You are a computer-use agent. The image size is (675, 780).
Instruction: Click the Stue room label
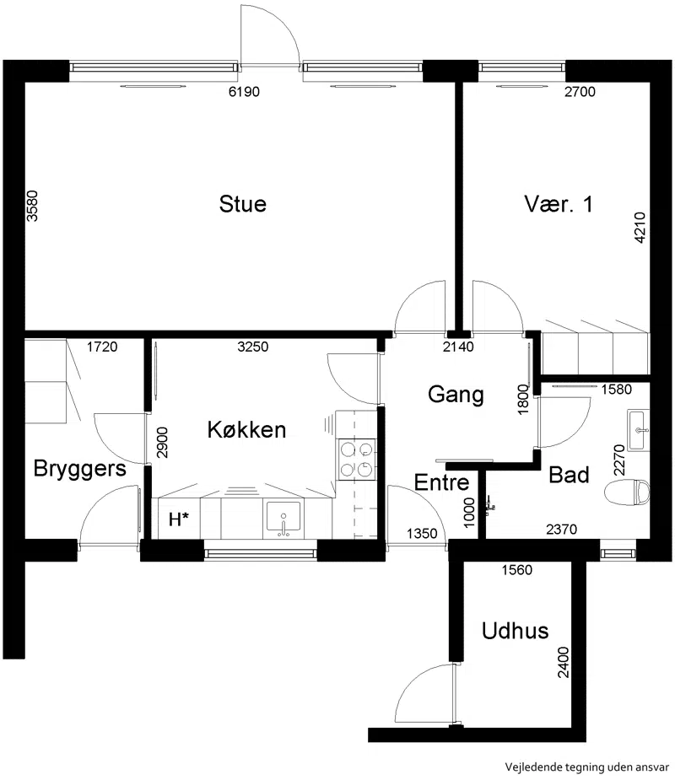pos(243,204)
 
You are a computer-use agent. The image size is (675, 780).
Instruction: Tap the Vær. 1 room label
pos(559,204)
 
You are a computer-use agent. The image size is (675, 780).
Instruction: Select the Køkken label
pos(247,430)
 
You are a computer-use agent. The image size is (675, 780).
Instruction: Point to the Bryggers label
pos(79,469)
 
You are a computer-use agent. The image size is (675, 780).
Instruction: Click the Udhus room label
pos(516,631)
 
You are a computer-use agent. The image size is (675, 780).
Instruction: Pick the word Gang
pos(456,395)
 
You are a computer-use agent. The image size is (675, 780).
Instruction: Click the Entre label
pos(441,482)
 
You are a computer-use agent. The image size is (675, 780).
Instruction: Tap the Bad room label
pos(569,475)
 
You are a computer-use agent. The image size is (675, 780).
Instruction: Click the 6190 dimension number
pos(244,92)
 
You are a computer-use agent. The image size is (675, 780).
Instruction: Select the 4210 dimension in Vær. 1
pos(640,228)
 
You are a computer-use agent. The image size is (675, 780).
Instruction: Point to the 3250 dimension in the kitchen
pos(253,347)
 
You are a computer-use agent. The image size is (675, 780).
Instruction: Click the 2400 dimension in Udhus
pos(564,663)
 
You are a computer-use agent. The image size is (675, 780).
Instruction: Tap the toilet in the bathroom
pos(627,492)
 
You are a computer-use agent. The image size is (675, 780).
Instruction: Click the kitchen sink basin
pos(283,518)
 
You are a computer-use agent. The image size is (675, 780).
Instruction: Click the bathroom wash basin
pos(639,430)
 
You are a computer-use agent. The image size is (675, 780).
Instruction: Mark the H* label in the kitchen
pos(179,519)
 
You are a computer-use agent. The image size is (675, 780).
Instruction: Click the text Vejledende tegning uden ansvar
pos(587,767)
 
